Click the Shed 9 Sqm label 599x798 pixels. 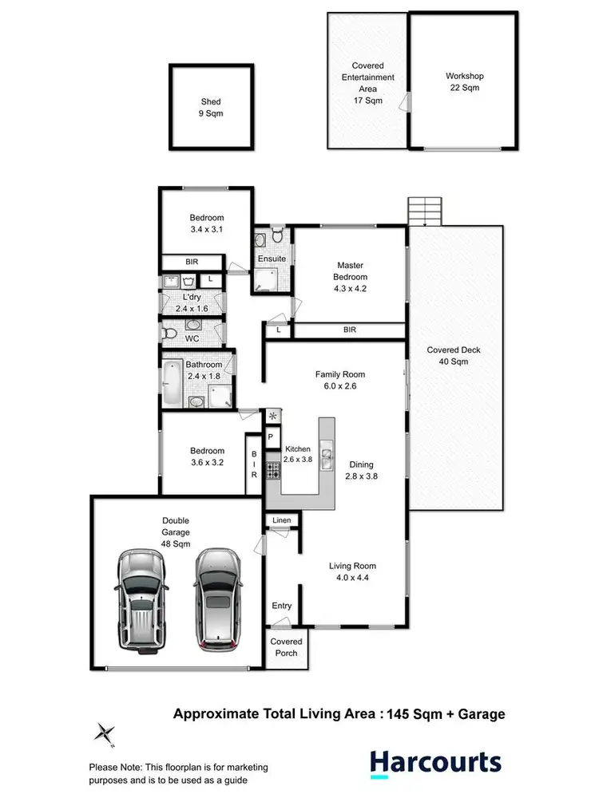click(x=211, y=108)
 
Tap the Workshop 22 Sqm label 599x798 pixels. click(x=464, y=82)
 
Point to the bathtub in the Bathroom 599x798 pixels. click(x=173, y=384)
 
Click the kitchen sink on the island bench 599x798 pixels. click(x=327, y=458)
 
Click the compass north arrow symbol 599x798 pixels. click(x=104, y=732)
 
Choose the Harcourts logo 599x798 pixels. click(x=435, y=763)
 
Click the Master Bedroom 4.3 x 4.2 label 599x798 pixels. click(x=348, y=282)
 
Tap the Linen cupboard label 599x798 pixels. click(x=282, y=521)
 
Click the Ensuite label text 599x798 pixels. click(x=272, y=259)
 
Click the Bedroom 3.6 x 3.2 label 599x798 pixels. click(x=206, y=456)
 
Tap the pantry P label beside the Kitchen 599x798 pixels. click(x=270, y=437)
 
